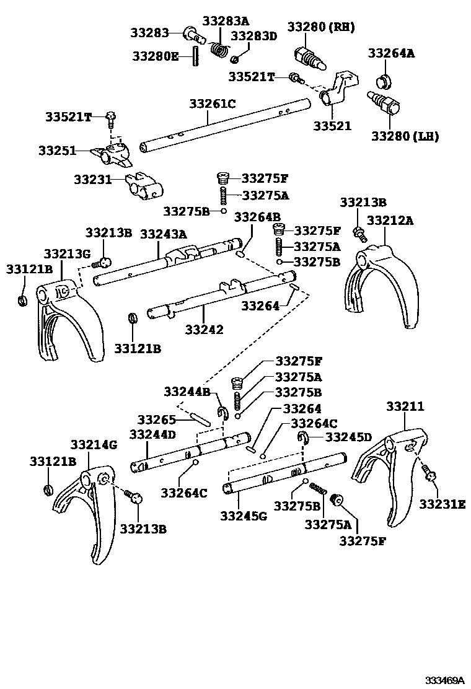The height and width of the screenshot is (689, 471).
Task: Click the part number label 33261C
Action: (213, 103)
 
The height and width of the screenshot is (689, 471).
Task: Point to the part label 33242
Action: (204, 330)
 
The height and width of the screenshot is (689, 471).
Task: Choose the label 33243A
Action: (163, 234)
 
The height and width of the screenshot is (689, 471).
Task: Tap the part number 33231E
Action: (441, 504)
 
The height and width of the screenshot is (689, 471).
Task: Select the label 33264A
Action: (391, 53)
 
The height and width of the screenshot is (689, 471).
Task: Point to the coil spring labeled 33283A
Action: (218, 49)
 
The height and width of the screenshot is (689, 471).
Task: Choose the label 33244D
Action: (152, 435)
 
